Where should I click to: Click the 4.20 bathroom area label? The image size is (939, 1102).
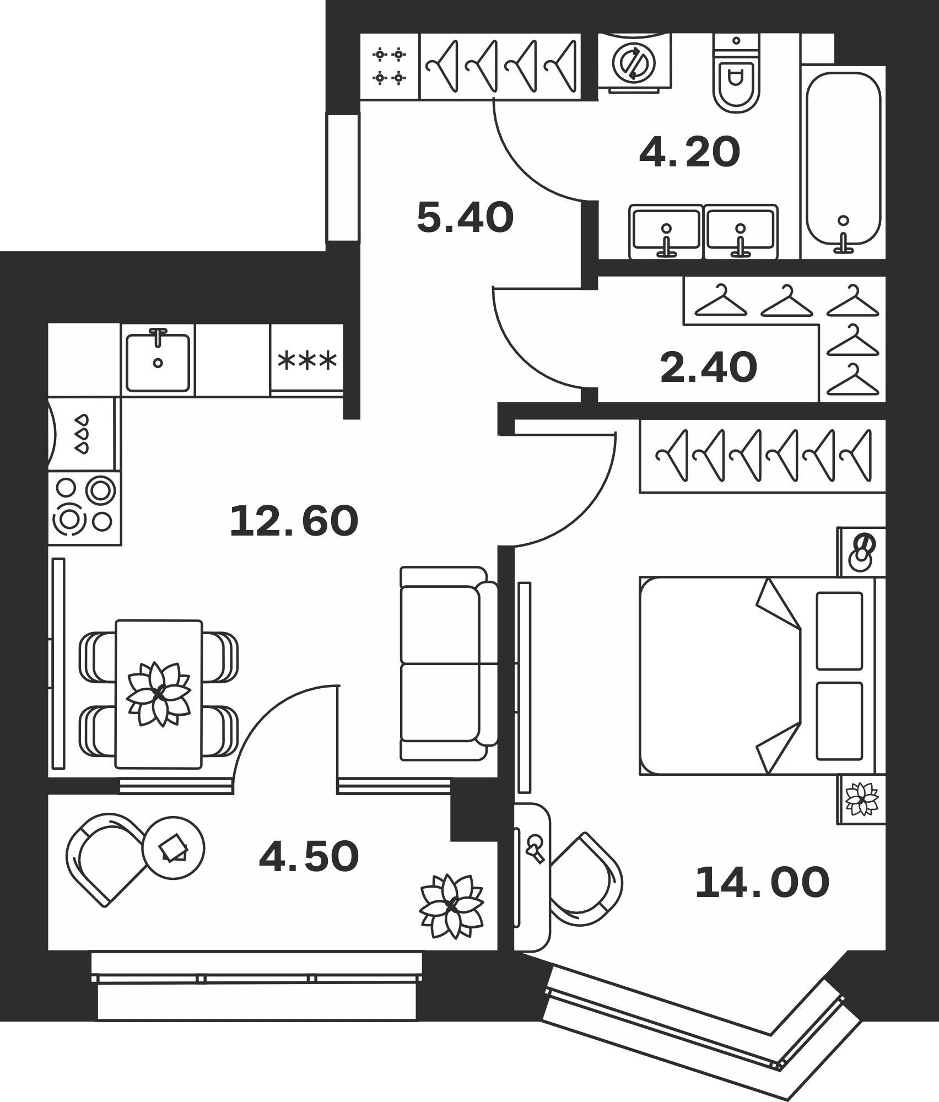point(689,153)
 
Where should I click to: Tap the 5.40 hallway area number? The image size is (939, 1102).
point(465,218)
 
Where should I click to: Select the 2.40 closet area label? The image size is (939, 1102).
point(708,368)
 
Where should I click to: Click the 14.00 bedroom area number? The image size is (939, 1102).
point(762,883)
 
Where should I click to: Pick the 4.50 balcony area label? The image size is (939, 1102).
point(309,857)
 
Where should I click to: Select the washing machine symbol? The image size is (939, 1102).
point(635,61)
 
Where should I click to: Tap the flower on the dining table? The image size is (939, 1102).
point(159,694)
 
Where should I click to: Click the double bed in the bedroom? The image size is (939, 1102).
point(763,676)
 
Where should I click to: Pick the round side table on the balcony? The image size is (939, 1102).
point(173,848)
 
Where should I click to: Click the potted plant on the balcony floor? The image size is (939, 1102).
point(451,906)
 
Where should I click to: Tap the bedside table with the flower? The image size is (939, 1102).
point(861,800)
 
